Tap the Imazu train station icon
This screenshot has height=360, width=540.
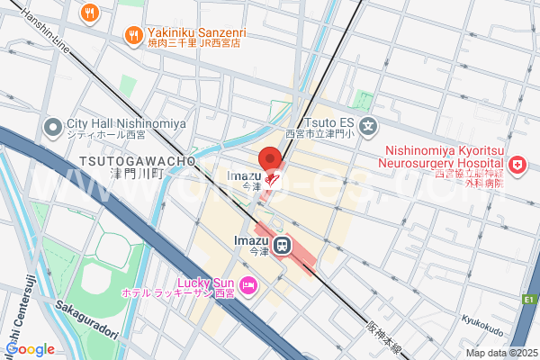coord(283,244)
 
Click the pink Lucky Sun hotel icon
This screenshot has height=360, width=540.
coord(248,287)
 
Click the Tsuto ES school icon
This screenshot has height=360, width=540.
coord(366,125)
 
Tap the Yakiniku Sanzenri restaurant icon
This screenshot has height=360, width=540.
coord(132,35)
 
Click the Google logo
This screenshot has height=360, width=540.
coord(29,349)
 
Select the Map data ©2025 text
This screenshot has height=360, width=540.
coord(500,353)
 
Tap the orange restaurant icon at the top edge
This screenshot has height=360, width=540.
coord(88,12)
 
